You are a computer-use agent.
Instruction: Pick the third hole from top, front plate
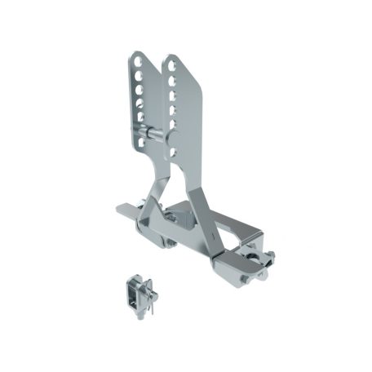click(x=173, y=95)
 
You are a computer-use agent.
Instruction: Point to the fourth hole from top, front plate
click(x=173, y=109)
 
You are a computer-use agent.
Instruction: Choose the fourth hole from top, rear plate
click(x=139, y=102)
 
